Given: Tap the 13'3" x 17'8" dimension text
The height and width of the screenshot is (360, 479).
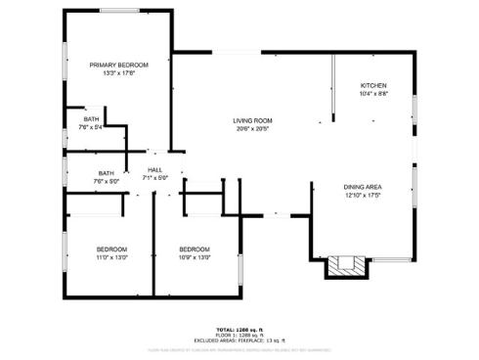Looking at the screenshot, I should click(x=112, y=71).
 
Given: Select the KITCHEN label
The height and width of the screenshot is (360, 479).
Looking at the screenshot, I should click(x=373, y=85).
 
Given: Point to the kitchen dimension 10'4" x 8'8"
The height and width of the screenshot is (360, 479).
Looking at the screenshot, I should click(x=373, y=94).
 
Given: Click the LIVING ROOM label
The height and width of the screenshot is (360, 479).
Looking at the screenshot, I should click(x=252, y=120).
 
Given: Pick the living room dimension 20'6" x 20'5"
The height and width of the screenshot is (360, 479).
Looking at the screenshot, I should click(x=252, y=129).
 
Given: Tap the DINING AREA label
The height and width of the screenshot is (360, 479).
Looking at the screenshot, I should click(x=362, y=187).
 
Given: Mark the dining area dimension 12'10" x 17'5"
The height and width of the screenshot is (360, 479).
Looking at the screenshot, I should click(x=362, y=196).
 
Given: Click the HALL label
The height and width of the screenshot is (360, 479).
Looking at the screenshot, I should click(x=154, y=154).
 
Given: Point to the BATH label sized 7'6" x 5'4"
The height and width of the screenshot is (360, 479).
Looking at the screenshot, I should click(x=90, y=118).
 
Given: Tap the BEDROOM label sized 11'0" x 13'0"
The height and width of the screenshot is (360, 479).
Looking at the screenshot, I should click(x=111, y=248).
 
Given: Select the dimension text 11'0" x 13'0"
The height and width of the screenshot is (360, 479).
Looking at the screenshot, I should click(x=111, y=257).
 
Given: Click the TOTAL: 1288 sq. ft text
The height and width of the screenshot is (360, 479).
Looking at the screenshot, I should click(x=239, y=330).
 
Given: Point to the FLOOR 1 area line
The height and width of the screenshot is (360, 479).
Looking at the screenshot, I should click(x=239, y=335).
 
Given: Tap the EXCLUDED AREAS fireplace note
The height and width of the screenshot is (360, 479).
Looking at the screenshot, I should click(x=239, y=339).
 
